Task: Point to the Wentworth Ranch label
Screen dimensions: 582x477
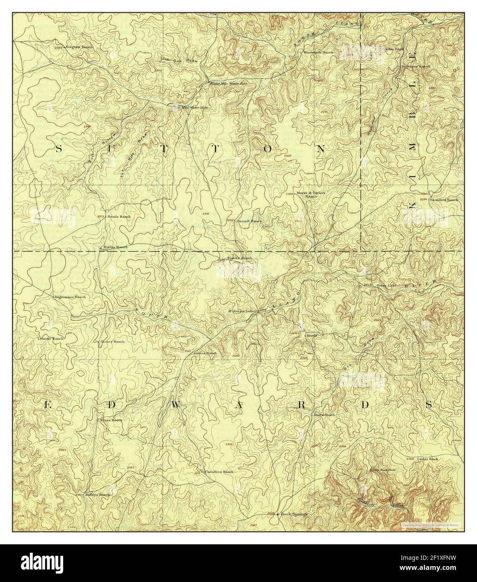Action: (318, 52)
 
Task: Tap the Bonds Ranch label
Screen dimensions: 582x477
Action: (119, 216)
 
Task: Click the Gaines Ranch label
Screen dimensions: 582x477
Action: (205, 353)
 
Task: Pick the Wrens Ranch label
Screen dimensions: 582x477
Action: (111, 420)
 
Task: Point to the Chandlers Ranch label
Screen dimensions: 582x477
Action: (219, 472)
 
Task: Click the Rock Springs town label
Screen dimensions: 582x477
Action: (295, 514)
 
